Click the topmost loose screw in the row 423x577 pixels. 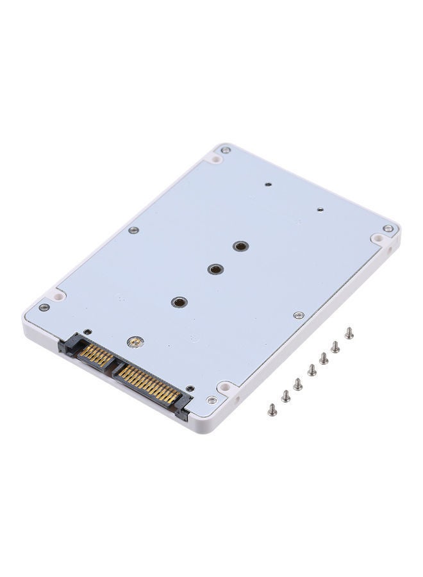349,333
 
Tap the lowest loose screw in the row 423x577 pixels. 272,408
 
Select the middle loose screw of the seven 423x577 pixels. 311,370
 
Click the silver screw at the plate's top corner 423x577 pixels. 225,150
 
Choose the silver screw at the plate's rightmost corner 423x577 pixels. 388,228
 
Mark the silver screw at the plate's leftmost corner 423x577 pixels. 44,307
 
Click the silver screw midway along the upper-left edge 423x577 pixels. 133,230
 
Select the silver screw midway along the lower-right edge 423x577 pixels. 299,315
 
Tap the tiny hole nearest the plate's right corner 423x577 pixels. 319,209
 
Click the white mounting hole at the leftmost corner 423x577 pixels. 58,297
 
